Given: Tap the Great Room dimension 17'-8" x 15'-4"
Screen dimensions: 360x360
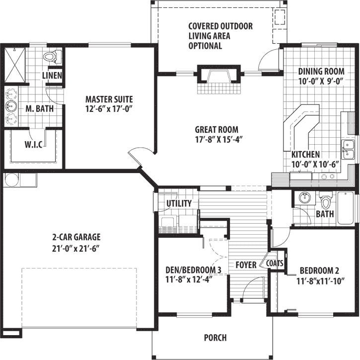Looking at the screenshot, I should [218, 139].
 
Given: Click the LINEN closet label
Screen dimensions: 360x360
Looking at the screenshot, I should [52, 76].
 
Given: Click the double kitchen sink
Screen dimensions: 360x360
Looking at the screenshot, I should [348, 150].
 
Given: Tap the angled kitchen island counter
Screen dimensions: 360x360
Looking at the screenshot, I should [301, 125].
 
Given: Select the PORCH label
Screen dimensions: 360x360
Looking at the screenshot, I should [216, 338].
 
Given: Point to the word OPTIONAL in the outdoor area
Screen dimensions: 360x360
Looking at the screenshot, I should [205, 46].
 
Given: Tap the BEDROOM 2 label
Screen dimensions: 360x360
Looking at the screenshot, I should [319, 271].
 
